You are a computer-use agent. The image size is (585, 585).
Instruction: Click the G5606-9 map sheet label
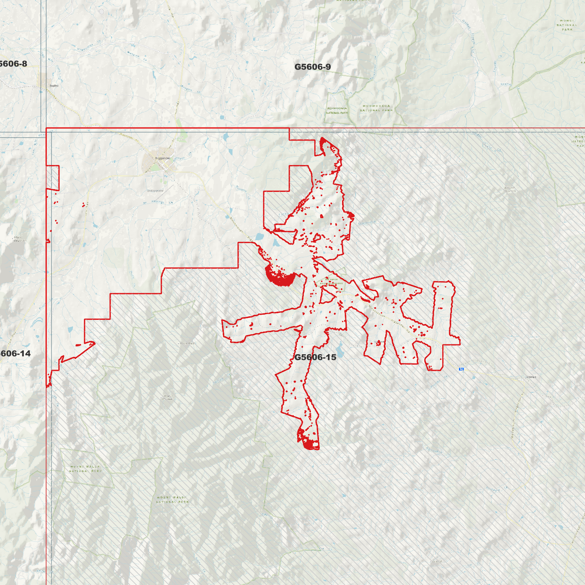pos(312,67)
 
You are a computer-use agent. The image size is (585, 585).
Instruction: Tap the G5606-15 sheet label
pos(315,357)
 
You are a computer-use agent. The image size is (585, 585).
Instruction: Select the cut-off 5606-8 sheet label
pos(13,64)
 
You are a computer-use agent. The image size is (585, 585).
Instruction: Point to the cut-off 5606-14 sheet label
pos(15,353)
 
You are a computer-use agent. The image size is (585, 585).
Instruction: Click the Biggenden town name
pos(163,158)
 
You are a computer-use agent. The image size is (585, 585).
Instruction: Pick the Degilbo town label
pos(54,86)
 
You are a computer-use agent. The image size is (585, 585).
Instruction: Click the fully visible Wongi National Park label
pos(567,25)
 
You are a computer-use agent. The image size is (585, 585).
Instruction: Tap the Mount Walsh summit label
pos(187,343)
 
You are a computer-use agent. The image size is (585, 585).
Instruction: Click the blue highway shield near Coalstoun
pos(461,369)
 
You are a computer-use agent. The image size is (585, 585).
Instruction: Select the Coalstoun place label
pos(531,377)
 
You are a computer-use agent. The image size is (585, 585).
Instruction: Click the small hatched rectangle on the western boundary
pos(53,178)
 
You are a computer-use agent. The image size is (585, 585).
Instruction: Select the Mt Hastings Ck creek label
pos(158,202)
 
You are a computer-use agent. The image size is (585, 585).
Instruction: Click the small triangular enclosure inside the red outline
pos(326,297)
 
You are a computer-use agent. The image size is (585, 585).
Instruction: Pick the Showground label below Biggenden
pos(155,190)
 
